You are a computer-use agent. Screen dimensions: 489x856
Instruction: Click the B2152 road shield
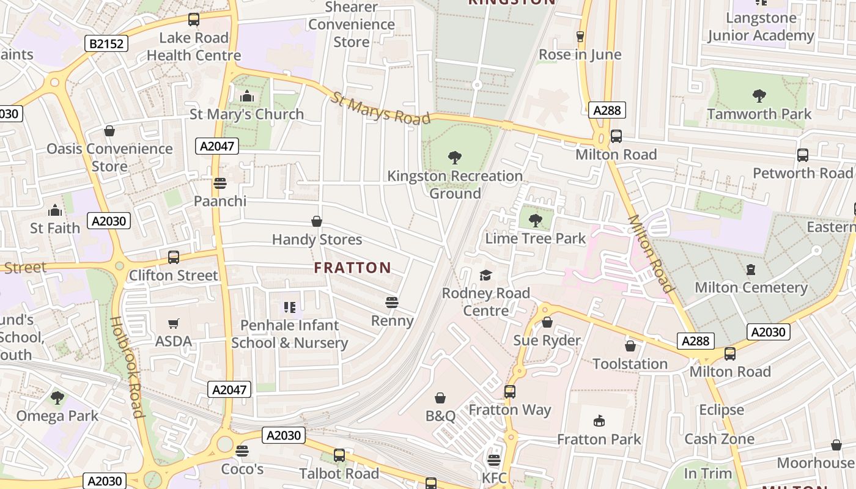pos(106,43)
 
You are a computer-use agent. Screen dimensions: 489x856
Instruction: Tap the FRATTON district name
pos(352,268)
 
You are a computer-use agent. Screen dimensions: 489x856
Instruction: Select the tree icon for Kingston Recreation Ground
pos(454,158)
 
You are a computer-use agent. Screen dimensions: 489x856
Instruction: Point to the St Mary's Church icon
pos(247,96)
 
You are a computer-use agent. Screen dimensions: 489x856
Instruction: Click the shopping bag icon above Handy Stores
pos(317,221)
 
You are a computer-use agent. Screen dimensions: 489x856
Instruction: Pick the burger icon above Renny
pos(392,302)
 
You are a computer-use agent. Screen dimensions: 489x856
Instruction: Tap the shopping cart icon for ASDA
pos(174,323)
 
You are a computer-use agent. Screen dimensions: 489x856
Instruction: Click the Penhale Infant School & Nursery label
pos(289,334)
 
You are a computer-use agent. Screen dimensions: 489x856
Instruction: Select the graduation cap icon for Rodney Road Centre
pos(485,275)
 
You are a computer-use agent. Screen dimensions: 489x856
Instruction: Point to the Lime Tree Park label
pos(535,238)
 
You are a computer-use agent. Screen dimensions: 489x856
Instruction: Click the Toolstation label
pos(630,364)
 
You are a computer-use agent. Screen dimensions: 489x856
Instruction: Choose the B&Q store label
pos(440,416)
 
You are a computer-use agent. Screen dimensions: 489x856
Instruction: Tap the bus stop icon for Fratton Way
pos(510,391)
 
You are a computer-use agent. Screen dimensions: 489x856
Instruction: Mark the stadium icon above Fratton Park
pos(599,421)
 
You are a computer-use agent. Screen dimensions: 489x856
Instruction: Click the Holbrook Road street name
pos(127,367)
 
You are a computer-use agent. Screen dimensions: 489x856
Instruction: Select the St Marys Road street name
pos(382,108)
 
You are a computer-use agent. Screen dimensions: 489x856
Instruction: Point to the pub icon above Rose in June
pos(580,37)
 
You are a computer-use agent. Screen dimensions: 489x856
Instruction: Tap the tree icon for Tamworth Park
pos(759,95)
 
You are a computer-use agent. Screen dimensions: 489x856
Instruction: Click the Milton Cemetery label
pos(751,287)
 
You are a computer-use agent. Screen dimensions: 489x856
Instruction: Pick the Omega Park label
pos(57,416)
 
